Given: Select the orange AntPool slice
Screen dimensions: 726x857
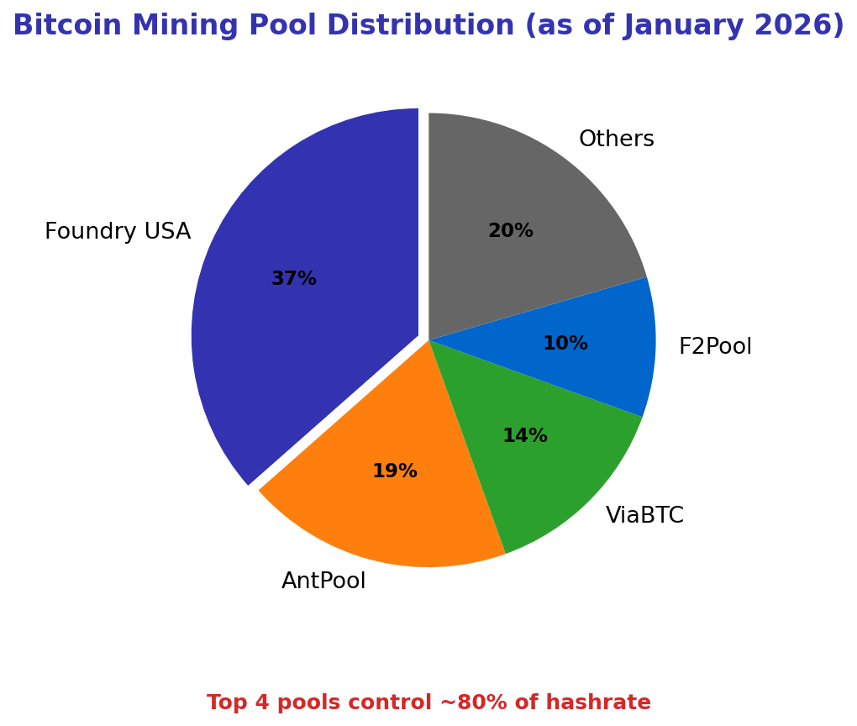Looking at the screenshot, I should (386, 513).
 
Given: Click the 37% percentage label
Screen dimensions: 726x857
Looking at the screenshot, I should (294, 279).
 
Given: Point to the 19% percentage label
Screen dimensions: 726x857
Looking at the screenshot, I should (395, 471).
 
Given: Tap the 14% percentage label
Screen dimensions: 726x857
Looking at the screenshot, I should (525, 436).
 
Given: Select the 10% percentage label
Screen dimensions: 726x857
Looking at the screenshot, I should (565, 344).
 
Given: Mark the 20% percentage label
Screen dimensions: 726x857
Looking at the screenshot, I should (511, 231).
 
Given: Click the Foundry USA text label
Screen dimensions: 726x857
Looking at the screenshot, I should (118, 232).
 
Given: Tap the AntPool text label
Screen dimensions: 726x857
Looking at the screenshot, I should (323, 581).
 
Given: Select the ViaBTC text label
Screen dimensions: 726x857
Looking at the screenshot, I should (644, 516).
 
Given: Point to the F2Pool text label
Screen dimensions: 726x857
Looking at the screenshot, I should (715, 347).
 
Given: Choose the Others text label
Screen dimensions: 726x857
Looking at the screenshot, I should (616, 139).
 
